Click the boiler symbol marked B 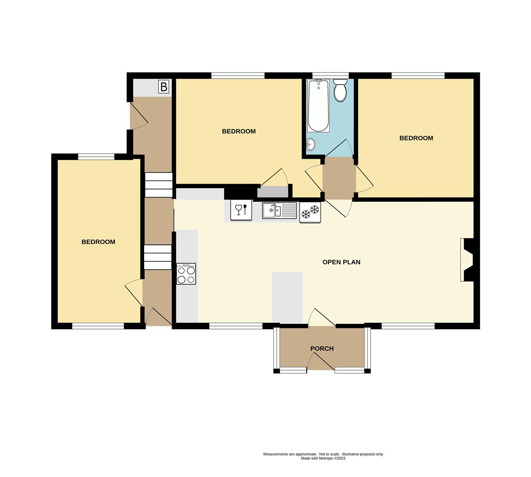(x=164, y=87)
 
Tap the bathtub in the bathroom (x=318, y=106)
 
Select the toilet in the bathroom (x=340, y=91)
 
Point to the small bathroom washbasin (x=310, y=144)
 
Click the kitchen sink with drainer (x=279, y=210)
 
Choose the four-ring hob (x=186, y=274)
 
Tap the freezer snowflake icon (x=310, y=212)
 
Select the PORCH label (x=322, y=348)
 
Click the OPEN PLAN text (x=341, y=262)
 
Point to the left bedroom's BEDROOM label (x=98, y=242)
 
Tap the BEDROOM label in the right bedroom (x=416, y=138)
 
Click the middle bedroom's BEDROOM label (x=239, y=131)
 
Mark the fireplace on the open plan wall (x=467, y=260)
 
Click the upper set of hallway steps (x=158, y=185)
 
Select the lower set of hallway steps (x=157, y=257)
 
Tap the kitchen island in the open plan (x=287, y=297)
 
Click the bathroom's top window (x=330, y=75)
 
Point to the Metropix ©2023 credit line (x=323, y=458)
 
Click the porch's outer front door (x=321, y=362)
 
